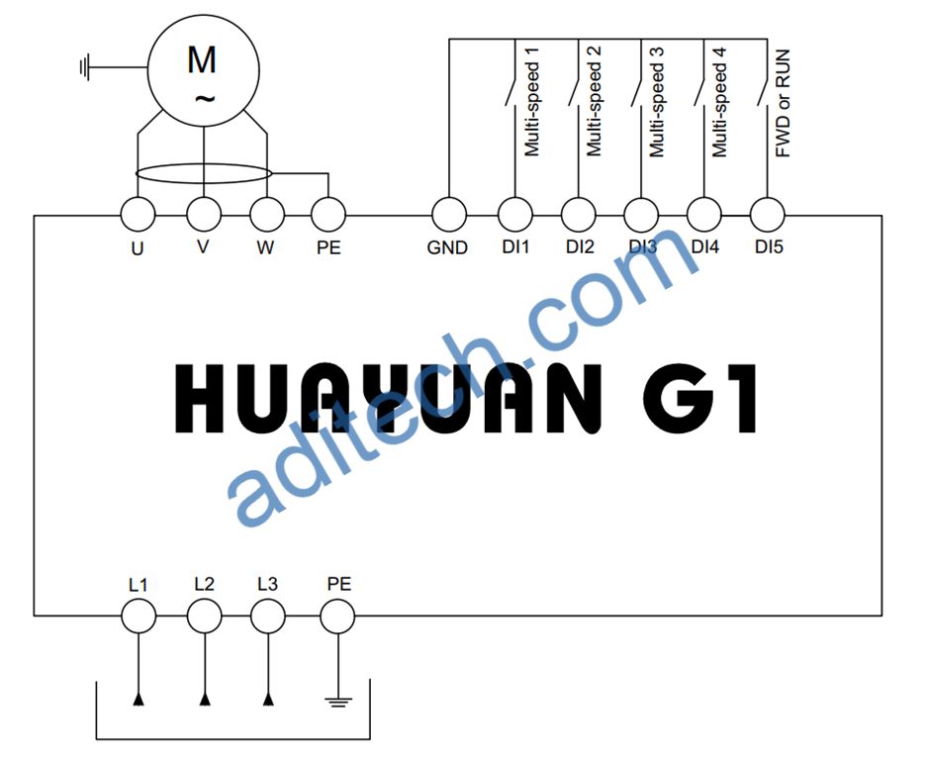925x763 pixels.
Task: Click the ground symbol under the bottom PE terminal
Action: [x=338, y=702]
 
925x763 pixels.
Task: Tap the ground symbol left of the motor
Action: [x=84, y=67]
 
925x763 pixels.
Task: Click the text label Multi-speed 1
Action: [x=531, y=102]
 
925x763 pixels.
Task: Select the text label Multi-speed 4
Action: [x=719, y=102]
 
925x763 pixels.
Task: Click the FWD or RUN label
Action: [x=783, y=103]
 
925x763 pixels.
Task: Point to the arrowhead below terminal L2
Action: [x=205, y=700]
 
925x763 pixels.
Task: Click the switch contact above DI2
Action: [x=574, y=92]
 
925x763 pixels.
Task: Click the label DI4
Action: [x=705, y=246]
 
